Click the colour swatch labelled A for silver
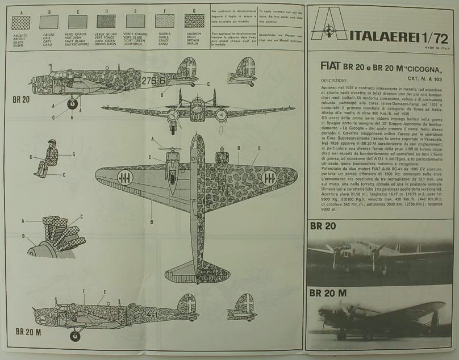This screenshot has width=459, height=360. (21, 22)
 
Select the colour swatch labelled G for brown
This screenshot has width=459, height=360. (194, 21)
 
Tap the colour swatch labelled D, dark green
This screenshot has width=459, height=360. (106, 22)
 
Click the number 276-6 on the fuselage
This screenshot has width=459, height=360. (153, 81)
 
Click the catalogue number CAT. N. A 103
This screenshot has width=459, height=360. (428, 79)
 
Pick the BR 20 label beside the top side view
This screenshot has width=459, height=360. (21, 99)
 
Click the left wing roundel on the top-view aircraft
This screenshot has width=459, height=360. (126, 177)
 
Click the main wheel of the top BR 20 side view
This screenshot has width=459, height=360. (73, 104)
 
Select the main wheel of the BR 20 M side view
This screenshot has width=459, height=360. (75, 336)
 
